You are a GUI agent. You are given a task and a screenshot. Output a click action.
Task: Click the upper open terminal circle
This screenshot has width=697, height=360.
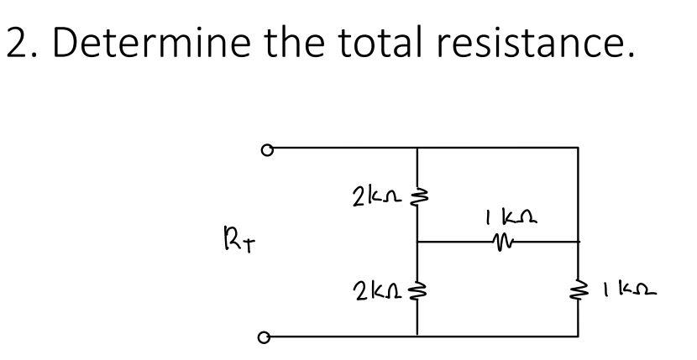pyautogui.click(x=266, y=151)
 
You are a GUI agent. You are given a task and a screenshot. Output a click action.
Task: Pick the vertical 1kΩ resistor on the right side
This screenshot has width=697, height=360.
pyautogui.click(x=579, y=292)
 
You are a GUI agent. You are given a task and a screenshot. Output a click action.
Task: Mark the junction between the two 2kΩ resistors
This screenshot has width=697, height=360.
pyautogui.click(x=417, y=242)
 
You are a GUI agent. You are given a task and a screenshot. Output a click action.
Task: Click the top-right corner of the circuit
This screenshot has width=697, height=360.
pyautogui.click(x=579, y=149)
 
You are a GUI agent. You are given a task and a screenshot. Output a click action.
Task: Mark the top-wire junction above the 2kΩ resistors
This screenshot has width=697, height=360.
pyautogui.click(x=417, y=149)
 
